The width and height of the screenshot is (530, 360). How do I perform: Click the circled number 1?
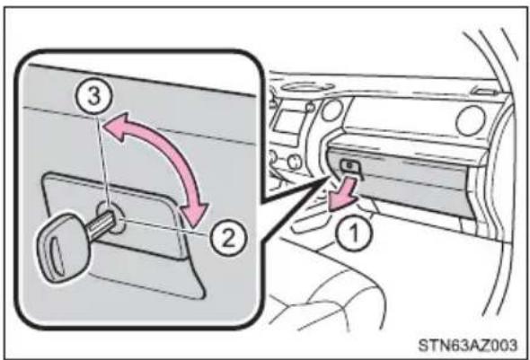tap(354, 233)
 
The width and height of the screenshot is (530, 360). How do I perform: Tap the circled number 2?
tap(228, 238)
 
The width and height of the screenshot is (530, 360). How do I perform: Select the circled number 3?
tap(94, 95)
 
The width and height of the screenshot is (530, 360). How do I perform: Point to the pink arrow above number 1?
tap(343, 194)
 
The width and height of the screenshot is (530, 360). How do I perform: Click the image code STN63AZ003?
tap(467, 345)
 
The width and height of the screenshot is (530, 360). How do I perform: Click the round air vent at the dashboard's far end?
tap(470, 120)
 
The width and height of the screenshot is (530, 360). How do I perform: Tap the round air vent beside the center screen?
tap(332, 110)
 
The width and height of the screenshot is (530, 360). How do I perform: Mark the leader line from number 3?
tap(102, 163)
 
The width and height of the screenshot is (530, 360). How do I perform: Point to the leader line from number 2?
tap(165, 225)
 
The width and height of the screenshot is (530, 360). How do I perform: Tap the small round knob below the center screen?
tap(295, 161)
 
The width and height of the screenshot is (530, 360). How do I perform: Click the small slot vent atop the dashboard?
tap(485, 91)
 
